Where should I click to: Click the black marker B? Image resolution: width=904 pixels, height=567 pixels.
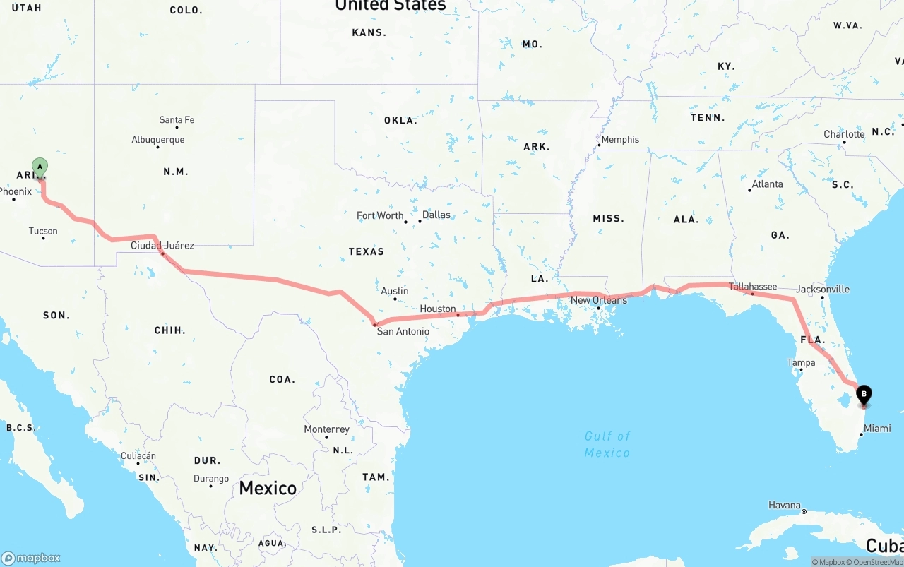tap(863, 394)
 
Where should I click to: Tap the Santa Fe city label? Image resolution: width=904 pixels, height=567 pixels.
tap(177, 120)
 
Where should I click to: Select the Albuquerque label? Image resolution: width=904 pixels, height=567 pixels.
tap(158, 140)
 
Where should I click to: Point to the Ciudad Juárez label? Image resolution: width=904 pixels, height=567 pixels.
tap(162, 246)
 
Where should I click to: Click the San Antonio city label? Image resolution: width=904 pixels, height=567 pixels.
tap(403, 331)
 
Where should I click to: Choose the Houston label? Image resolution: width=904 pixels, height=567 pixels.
tap(438, 309)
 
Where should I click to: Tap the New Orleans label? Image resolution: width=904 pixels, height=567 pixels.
tap(599, 300)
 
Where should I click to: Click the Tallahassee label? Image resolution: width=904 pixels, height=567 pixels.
tap(753, 287)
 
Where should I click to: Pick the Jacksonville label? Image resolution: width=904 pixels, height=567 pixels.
tap(823, 290)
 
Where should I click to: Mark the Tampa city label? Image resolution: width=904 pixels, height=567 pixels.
tap(801, 362)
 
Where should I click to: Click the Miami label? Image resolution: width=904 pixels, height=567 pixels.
tap(877, 429)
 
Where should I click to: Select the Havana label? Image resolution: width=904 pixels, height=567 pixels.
tap(785, 506)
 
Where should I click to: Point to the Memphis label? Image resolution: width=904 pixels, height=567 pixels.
tap(620, 140)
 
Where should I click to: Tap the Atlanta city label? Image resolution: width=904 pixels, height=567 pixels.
tap(767, 184)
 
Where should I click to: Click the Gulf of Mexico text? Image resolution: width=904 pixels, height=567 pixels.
tap(607, 444)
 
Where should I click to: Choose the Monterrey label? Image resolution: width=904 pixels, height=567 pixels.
tap(326, 429)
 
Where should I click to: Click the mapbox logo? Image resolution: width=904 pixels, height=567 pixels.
tap(31, 558)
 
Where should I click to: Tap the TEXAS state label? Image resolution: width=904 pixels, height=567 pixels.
tap(366, 251)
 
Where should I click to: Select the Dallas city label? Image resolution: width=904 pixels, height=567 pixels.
tap(436, 215)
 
